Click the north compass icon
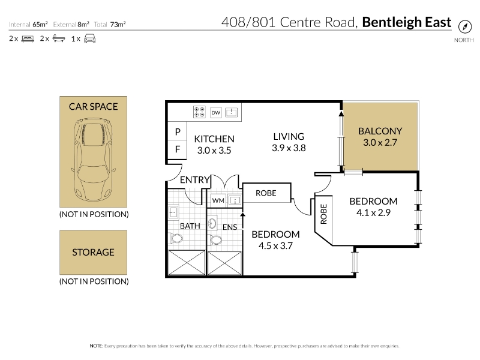[x=464, y=26]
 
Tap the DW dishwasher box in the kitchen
[x=216, y=113]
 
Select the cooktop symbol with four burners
[x=199, y=112]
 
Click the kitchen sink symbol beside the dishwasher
[x=232, y=112]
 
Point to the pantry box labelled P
[x=177, y=131]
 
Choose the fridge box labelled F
[x=177, y=149]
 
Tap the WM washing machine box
[x=218, y=200]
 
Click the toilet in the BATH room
[x=176, y=238]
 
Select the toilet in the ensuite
[x=215, y=239]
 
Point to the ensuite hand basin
[x=212, y=223]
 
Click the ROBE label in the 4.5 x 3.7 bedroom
[x=266, y=193]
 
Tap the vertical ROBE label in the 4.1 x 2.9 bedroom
[x=323, y=214]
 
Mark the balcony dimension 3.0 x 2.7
[x=380, y=143]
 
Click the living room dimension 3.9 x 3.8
[x=289, y=148]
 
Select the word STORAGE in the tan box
[x=93, y=252]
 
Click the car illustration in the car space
[x=93, y=160]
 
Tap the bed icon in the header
[x=28, y=39]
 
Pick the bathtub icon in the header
[x=59, y=38]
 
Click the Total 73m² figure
[x=110, y=25]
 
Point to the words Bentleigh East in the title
[x=407, y=22]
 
